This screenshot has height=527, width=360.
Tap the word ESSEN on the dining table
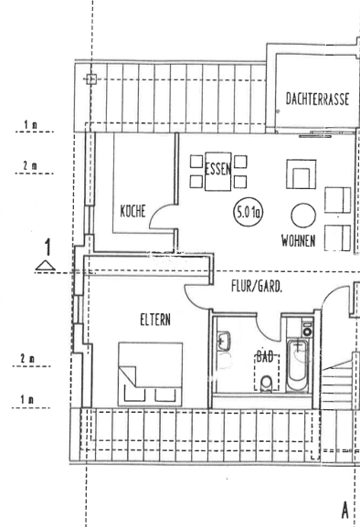tap(218, 170)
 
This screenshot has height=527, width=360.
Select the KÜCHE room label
tap(133, 210)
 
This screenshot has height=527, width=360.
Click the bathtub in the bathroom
tap(298, 369)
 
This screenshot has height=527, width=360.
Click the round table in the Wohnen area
tap(302, 216)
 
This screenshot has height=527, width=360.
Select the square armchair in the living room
tap(301, 174)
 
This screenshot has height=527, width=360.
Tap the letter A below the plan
tap(345, 509)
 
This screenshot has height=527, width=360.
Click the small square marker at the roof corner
tap(90, 79)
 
